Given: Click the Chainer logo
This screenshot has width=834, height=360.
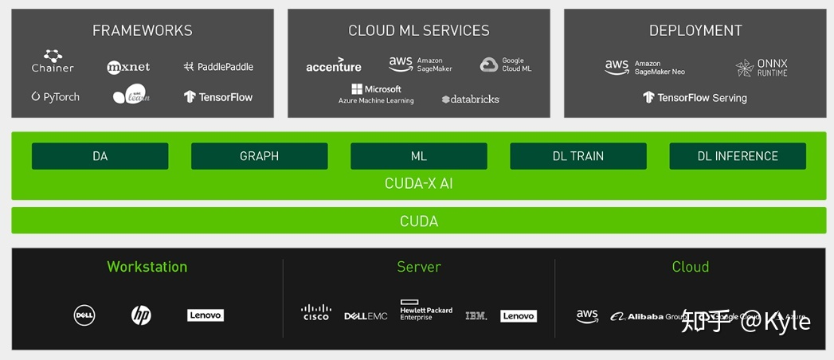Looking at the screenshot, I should click(x=53, y=61).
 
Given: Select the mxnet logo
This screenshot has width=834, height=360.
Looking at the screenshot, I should click(x=128, y=67).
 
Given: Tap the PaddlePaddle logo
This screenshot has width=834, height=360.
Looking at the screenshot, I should click(x=217, y=67).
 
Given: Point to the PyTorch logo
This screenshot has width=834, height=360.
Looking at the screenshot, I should click(x=56, y=97).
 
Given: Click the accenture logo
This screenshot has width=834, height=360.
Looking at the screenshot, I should click(x=334, y=66).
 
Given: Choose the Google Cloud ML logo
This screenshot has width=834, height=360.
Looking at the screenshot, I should click(x=506, y=65).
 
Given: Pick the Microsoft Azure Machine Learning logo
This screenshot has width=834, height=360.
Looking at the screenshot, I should click(x=376, y=94).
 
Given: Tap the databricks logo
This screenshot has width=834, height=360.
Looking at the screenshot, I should click(x=470, y=99).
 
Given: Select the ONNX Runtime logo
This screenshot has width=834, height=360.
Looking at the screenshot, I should click(x=762, y=68).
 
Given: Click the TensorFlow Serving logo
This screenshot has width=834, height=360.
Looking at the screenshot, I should click(x=695, y=98).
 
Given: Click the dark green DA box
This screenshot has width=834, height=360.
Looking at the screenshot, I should click(x=100, y=156).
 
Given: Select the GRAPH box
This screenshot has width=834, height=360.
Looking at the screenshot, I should click(x=260, y=156).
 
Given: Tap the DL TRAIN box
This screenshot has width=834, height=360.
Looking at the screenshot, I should click(x=578, y=156).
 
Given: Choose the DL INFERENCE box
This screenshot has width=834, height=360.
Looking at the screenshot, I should click(x=738, y=156).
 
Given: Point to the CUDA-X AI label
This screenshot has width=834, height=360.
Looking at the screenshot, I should click(x=419, y=183).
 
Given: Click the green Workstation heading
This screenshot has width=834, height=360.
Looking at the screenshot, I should click(x=147, y=267).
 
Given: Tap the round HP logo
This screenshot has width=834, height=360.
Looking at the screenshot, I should click(x=141, y=315).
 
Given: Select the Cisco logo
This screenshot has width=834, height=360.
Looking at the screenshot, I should click(x=316, y=312).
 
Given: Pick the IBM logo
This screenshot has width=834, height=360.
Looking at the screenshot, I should click(x=476, y=316).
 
